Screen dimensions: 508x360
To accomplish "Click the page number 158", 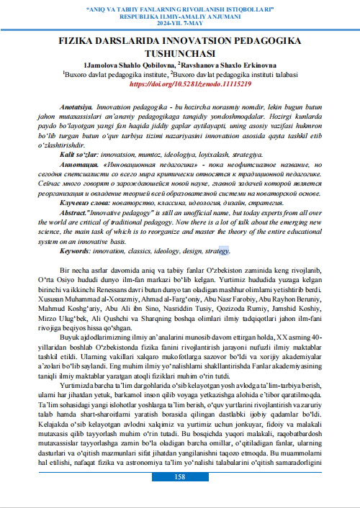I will click(180, 497).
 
